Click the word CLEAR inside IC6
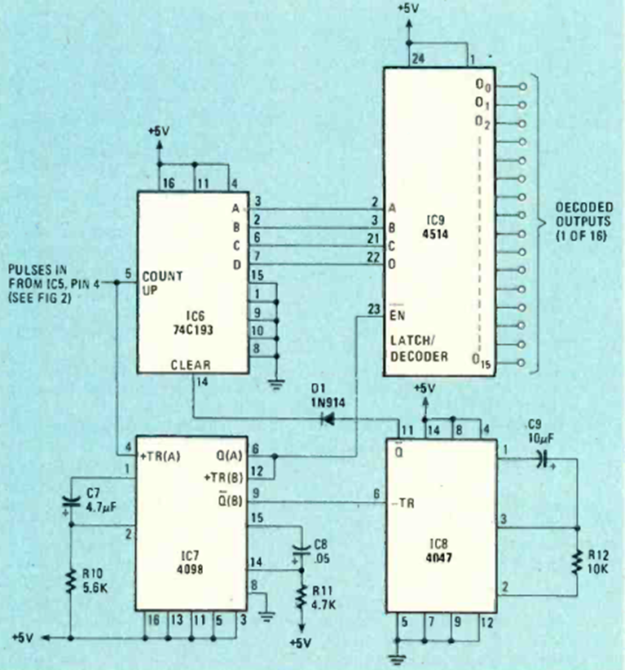point(192,366)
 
